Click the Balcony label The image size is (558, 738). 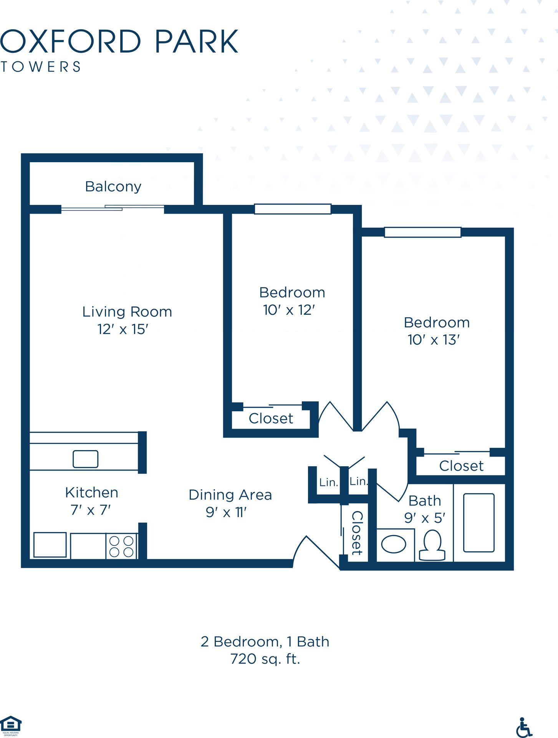pos(113,187)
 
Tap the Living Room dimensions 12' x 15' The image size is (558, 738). pos(123,329)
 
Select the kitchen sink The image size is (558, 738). pos(85,459)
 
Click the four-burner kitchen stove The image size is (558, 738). pos(121,546)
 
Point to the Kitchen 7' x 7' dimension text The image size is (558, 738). pos(91,510)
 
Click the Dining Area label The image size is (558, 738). pos(230,495)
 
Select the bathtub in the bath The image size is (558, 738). pos(479,523)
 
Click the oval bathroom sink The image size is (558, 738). pos(394,545)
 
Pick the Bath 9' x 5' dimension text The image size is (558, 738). pos(425,518)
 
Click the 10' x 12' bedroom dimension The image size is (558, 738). pos(289,310)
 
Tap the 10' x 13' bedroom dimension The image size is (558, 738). pos(434,340)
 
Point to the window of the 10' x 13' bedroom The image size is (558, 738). pos(422,232)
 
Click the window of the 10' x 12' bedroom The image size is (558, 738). pos(293,209)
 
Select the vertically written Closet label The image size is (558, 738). pos(357,533)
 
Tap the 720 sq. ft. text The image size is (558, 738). pos(265,659)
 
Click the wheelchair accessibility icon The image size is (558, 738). pos(524,727)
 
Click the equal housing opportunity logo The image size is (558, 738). pos(11,726)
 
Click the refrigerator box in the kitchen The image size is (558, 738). pos(50,545)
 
